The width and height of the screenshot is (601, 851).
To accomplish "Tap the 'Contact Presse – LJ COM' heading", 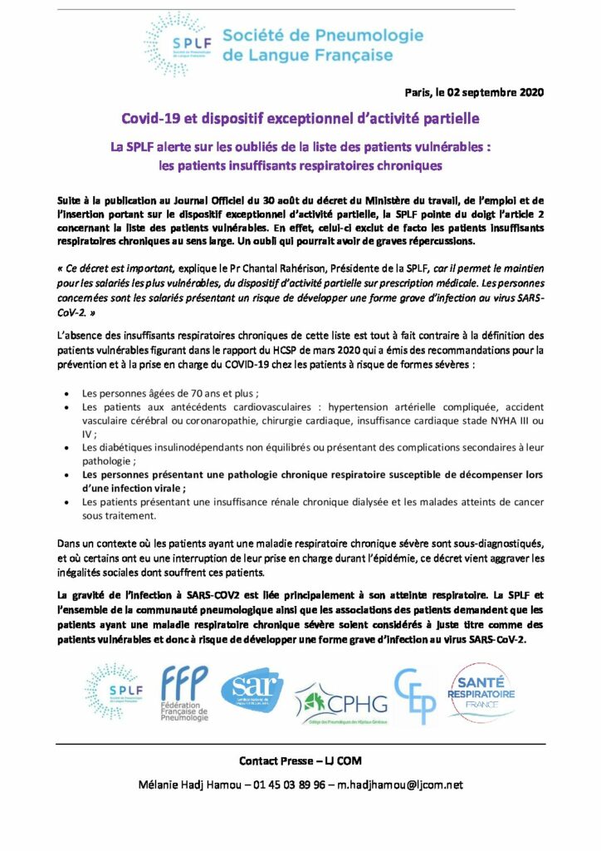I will click(300, 760).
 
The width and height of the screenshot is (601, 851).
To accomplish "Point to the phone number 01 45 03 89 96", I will click(289, 784).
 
